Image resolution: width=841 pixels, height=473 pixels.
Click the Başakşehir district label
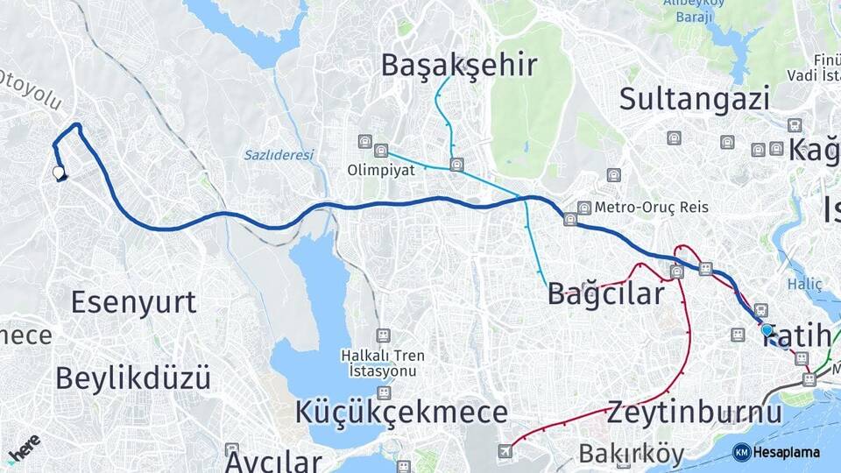tap(459, 65)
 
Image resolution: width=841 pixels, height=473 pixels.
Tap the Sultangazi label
tap(694, 98)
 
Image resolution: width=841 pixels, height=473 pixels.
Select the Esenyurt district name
tap(133, 302)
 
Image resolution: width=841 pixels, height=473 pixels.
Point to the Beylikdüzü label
tap(133, 378)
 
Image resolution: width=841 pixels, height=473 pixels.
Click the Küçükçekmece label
tap(401, 412)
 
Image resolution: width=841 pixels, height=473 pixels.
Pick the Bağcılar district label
tap(606, 294)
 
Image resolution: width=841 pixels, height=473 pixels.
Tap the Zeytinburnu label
tap(694, 412)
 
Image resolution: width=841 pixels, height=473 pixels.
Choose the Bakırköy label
tap(631, 454)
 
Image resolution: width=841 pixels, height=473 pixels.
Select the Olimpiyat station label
tap(380, 169)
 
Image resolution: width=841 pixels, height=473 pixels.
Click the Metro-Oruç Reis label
tap(651, 208)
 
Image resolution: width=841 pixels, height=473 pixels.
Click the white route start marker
tap(60, 173)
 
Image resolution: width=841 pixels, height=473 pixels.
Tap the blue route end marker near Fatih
tap(767, 330)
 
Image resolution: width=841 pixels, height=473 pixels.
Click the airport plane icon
tap(505, 451)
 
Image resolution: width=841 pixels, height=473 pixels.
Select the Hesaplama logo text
tap(786, 452)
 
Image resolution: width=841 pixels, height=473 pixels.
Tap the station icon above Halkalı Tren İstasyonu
tap(383, 335)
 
